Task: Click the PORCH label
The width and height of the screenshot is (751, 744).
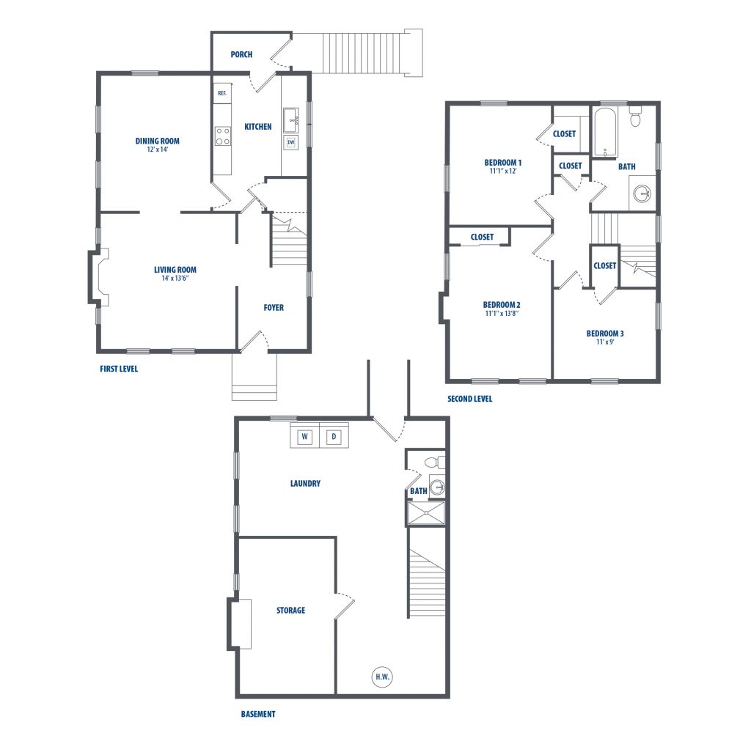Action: pyautogui.click(x=241, y=54)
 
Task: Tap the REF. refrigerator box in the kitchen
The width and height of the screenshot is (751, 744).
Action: pyautogui.click(x=221, y=93)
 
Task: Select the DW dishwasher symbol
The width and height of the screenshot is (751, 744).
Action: pyautogui.click(x=291, y=143)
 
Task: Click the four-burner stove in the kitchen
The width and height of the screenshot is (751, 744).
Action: pyautogui.click(x=222, y=136)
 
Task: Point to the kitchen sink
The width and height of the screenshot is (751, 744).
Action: pyautogui.click(x=290, y=119)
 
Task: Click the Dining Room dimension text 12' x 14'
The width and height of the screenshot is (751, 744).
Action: pyautogui.click(x=158, y=150)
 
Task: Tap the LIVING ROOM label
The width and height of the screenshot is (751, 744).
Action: pyautogui.click(x=175, y=270)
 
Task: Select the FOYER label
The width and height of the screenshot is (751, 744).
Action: pyautogui.click(x=274, y=307)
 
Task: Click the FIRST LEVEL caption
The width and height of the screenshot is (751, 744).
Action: pyautogui.click(x=119, y=369)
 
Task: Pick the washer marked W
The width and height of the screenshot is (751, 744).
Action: pyautogui.click(x=304, y=436)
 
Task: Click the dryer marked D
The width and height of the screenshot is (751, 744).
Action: pyautogui.click(x=334, y=436)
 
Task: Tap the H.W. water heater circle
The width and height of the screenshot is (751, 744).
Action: pyautogui.click(x=382, y=677)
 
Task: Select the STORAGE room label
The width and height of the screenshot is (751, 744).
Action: pyautogui.click(x=290, y=611)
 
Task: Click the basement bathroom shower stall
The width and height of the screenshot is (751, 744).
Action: pyautogui.click(x=426, y=513)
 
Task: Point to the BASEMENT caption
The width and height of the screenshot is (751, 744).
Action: pyautogui.click(x=258, y=714)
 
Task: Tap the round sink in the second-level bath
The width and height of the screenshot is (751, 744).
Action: pyautogui.click(x=642, y=194)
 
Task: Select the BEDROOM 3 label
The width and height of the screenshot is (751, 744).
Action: pyautogui.click(x=605, y=334)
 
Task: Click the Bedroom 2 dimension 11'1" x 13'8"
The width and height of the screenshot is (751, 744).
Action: pyautogui.click(x=502, y=314)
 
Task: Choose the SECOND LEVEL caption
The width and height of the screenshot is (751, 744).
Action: pyautogui.click(x=470, y=398)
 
